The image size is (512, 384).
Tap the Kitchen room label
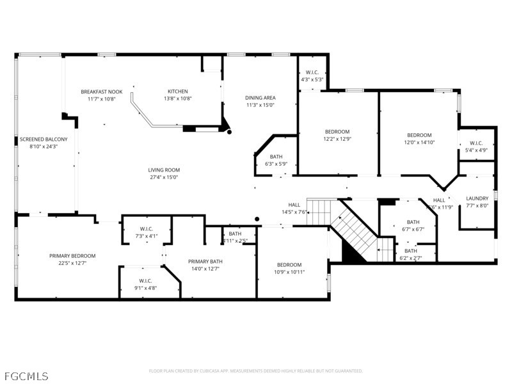coord(178,92)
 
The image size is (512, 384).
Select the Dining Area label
coord(260,98)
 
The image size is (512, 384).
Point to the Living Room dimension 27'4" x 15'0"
coord(164,178)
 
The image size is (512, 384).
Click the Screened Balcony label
coord(44,139)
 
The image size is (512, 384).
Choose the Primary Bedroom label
coord(72,256)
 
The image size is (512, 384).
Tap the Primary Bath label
coord(205,261)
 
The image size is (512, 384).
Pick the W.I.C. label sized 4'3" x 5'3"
coord(312,72)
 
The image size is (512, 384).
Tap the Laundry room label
coord(477,198)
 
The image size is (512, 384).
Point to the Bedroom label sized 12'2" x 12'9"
coord(337,132)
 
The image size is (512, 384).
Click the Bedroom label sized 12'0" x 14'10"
coord(419,135)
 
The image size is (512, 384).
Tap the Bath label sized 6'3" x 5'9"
coord(276,157)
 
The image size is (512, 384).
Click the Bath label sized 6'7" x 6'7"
coord(413,221)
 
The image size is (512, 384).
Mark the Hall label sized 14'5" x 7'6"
coord(294,205)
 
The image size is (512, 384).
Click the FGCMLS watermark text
coord(25,376)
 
